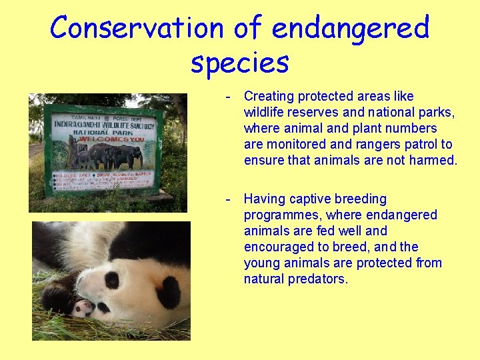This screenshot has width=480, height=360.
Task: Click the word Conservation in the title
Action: coord(137,28)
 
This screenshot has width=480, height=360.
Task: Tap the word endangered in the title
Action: coord(351,28)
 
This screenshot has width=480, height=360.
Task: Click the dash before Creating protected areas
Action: coord(228,97)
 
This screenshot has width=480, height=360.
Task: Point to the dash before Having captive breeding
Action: coord(228,199)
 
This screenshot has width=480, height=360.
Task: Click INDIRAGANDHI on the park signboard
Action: coord(78,125)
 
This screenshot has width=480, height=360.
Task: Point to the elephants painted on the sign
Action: coord(107,157)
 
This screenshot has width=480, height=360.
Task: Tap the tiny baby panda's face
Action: coord(83,308)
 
